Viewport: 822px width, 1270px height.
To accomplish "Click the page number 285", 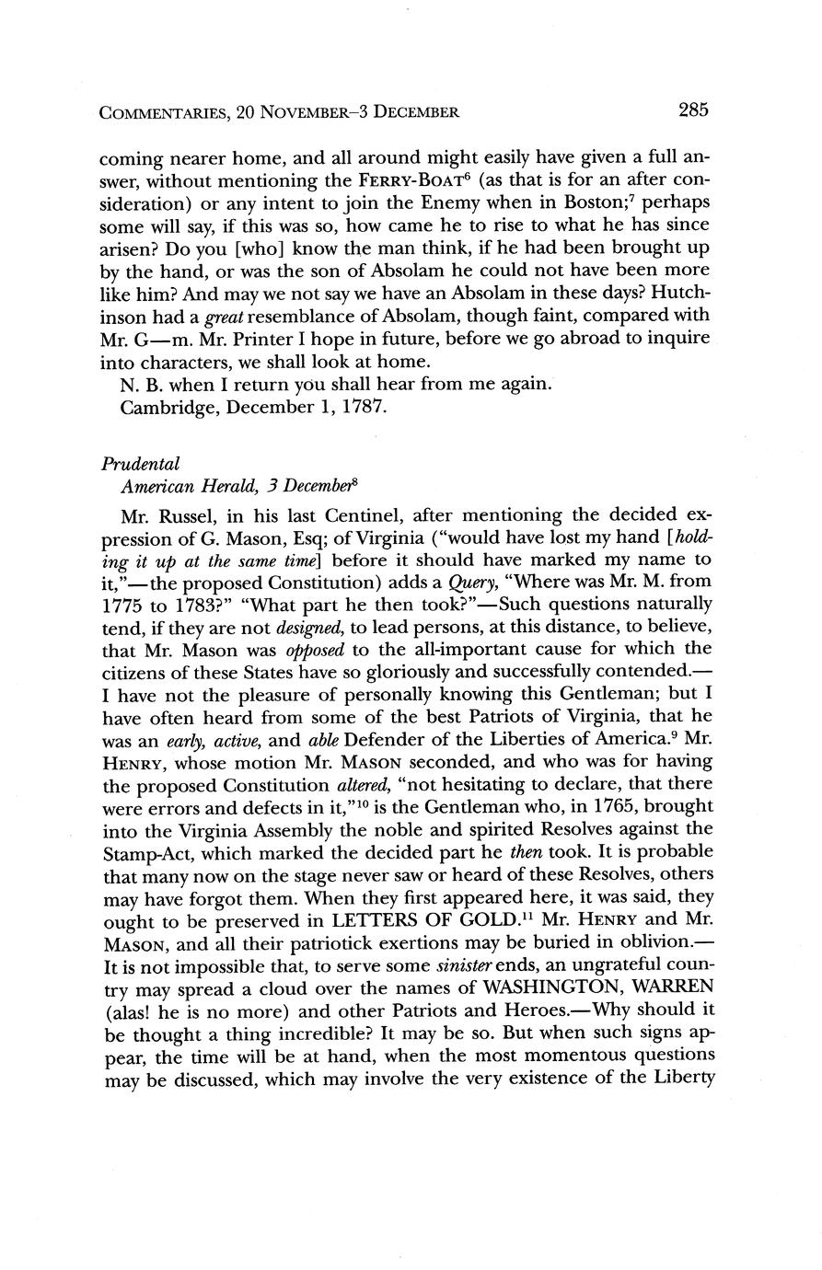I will click(693, 110).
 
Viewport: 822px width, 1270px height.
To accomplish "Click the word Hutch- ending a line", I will click(679, 292).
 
